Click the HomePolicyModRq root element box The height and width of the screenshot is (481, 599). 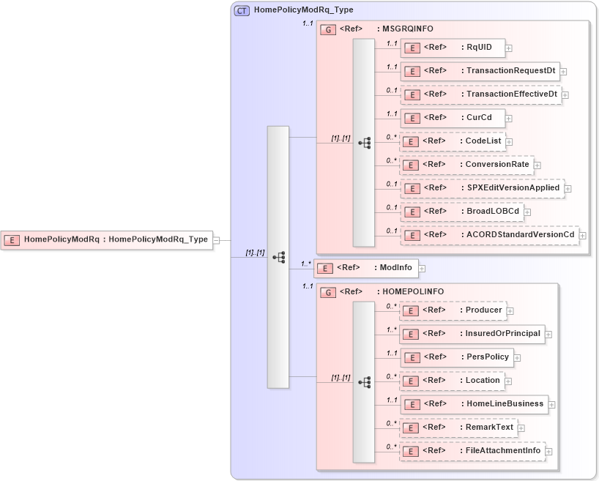point(107,239)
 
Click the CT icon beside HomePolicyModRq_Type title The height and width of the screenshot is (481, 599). point(242,10)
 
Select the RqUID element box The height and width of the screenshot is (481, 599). point(452,48)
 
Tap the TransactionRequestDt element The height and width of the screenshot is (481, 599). point(480,71)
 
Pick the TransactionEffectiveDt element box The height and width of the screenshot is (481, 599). point(480,94)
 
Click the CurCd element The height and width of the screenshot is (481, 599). point(452,118)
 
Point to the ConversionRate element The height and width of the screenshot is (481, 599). point(466,165)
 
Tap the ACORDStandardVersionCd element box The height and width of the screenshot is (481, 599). point(489,235)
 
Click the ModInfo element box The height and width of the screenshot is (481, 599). point(366,269)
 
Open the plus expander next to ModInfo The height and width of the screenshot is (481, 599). point(423,269)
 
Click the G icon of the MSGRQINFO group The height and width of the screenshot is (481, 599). point(329,29)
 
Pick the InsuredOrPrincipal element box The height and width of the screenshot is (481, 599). point(472,334)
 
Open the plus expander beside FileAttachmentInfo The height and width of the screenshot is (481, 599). point(548,452)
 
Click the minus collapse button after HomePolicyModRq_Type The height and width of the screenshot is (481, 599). point(217,240)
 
